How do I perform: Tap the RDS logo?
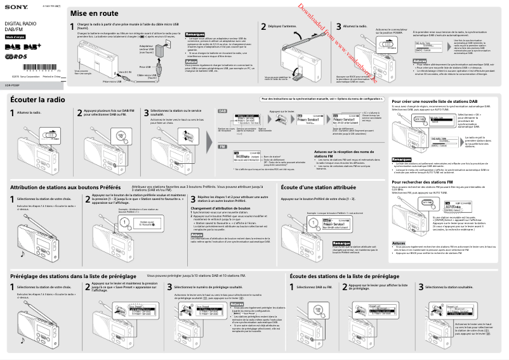(17, 57)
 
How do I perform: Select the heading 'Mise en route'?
(93, 13)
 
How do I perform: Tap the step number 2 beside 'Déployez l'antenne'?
(263, 27)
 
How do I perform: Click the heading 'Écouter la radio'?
(37, 100)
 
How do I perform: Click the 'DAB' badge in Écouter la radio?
(223, 110)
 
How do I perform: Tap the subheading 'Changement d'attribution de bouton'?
(220, 208)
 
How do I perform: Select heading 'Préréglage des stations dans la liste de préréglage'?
(76, 276)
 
